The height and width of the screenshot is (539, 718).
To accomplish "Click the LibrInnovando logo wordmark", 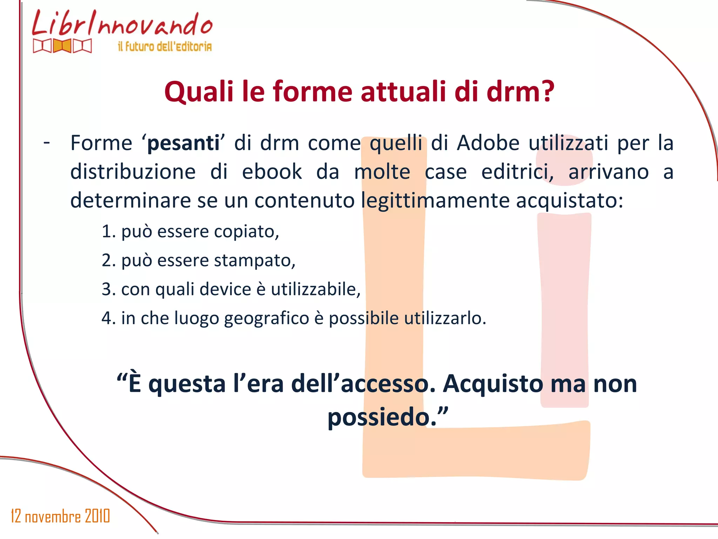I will (x=122, y=24).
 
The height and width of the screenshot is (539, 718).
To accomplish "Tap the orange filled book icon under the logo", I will (x=62, y=46).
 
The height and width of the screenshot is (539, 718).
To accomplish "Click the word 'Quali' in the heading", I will (x=199, y=92).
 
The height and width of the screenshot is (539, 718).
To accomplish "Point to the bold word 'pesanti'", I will (x=183, y=144).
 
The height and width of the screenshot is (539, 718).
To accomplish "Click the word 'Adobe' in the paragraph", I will (x=488, y=143).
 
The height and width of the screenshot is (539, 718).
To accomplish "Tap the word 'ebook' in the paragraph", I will (x=272, y=172).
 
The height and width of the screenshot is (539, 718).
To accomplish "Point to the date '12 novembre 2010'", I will (x=60, y=516).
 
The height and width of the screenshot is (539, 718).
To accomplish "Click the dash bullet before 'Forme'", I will (x=47, y=142).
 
